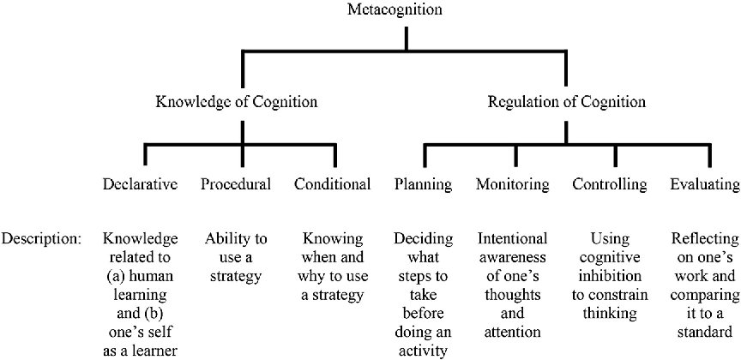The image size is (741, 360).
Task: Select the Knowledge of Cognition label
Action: tap(236, 103)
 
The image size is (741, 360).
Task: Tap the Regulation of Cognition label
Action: tap(566, 103)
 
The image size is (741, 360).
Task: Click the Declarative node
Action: tap(140, 184)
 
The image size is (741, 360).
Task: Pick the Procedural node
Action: tap(236, 184)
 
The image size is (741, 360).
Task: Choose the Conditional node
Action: tap(332, 184)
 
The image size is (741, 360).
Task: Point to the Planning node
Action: tap(424, 184)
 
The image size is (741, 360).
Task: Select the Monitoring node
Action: tap(513, 184)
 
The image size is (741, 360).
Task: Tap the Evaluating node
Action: tap(703, 184)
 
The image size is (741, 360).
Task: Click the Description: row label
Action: tap(41, 237)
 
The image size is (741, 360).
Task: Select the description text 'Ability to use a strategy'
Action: tap(236, 256)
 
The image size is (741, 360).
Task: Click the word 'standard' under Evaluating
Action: tap(703, 332)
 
